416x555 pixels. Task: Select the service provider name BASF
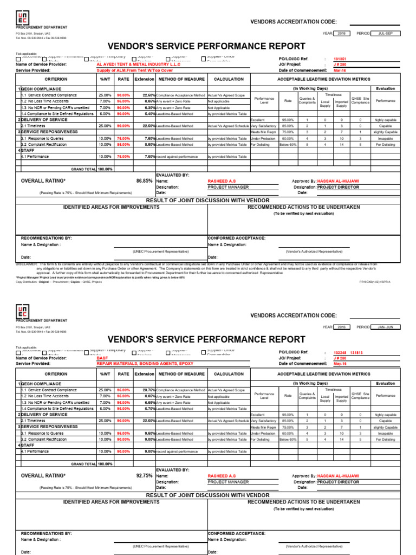[102, 358]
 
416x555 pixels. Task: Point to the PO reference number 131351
[340, 59]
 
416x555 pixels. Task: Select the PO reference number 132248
[340, 352]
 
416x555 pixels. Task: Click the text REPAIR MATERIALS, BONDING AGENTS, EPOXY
[138, 364]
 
